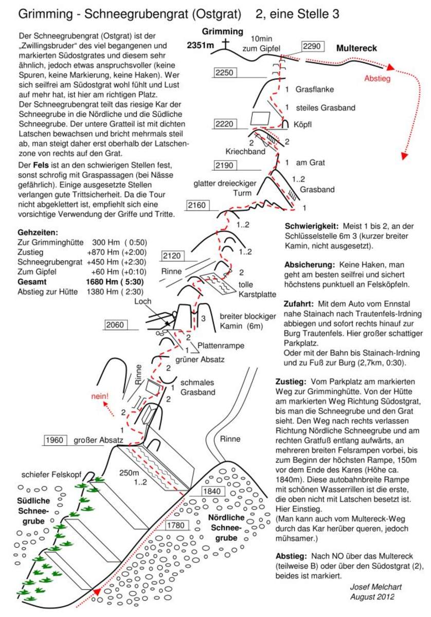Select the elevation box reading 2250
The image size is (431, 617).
click(224, 73)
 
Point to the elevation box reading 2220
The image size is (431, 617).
click(224, 123)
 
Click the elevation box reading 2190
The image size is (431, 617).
click(224, 165)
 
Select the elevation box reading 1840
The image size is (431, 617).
click(212, 491)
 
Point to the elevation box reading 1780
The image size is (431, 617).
click(177, 525)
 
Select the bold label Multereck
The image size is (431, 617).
click(356, 48)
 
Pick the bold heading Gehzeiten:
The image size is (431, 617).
click(38, 232)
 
